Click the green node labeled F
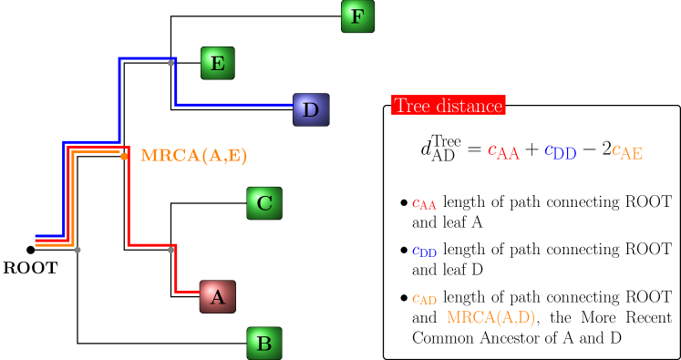point(357,16)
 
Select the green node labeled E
point(217,63)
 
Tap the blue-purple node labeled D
point(310,109)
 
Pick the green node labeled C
point(263,202)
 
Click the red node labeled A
point(217,296)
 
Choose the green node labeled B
point(263,344)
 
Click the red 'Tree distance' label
point(448,106)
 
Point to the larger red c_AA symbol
point(503,152)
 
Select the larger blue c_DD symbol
point(560,152)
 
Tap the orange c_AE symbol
point(627,152)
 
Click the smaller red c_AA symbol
point(424,204)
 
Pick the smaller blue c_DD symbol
point(424,251)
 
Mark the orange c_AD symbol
point(424,298)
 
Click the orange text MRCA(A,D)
point(490,317)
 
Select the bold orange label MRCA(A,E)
point(193,155)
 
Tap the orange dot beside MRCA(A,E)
point(124,156)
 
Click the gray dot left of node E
point(170,63)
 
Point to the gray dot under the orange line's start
point(77,250)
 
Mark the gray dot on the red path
point(170,250)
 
